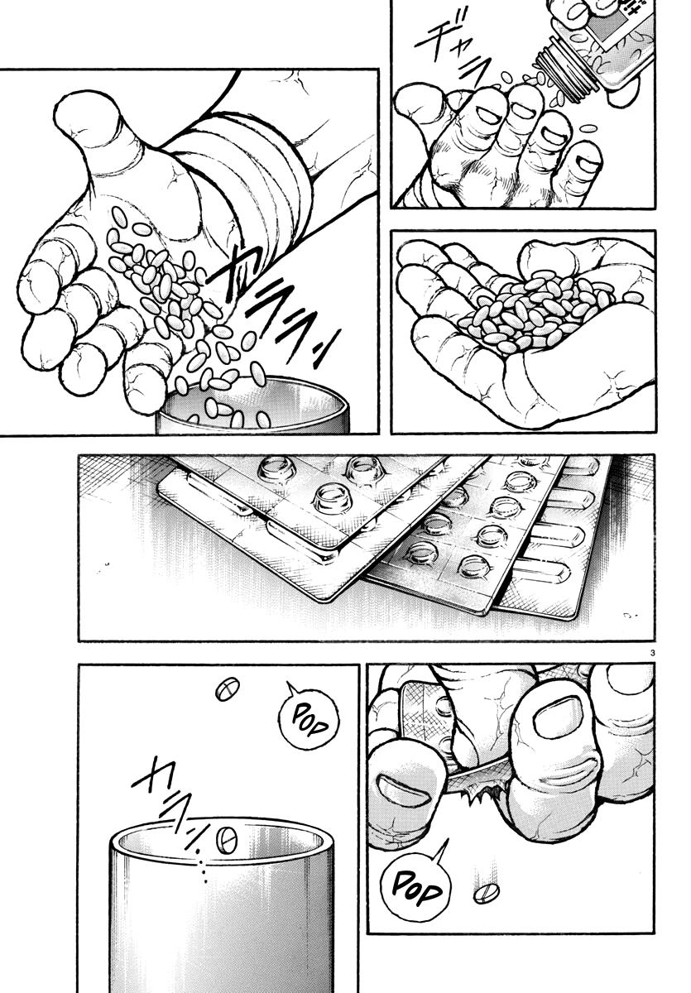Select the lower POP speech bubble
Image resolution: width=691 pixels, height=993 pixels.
tap(415, 889)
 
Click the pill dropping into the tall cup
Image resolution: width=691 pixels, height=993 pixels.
tap(226, 839)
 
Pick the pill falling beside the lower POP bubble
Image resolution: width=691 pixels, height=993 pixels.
tap(486, 894)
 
